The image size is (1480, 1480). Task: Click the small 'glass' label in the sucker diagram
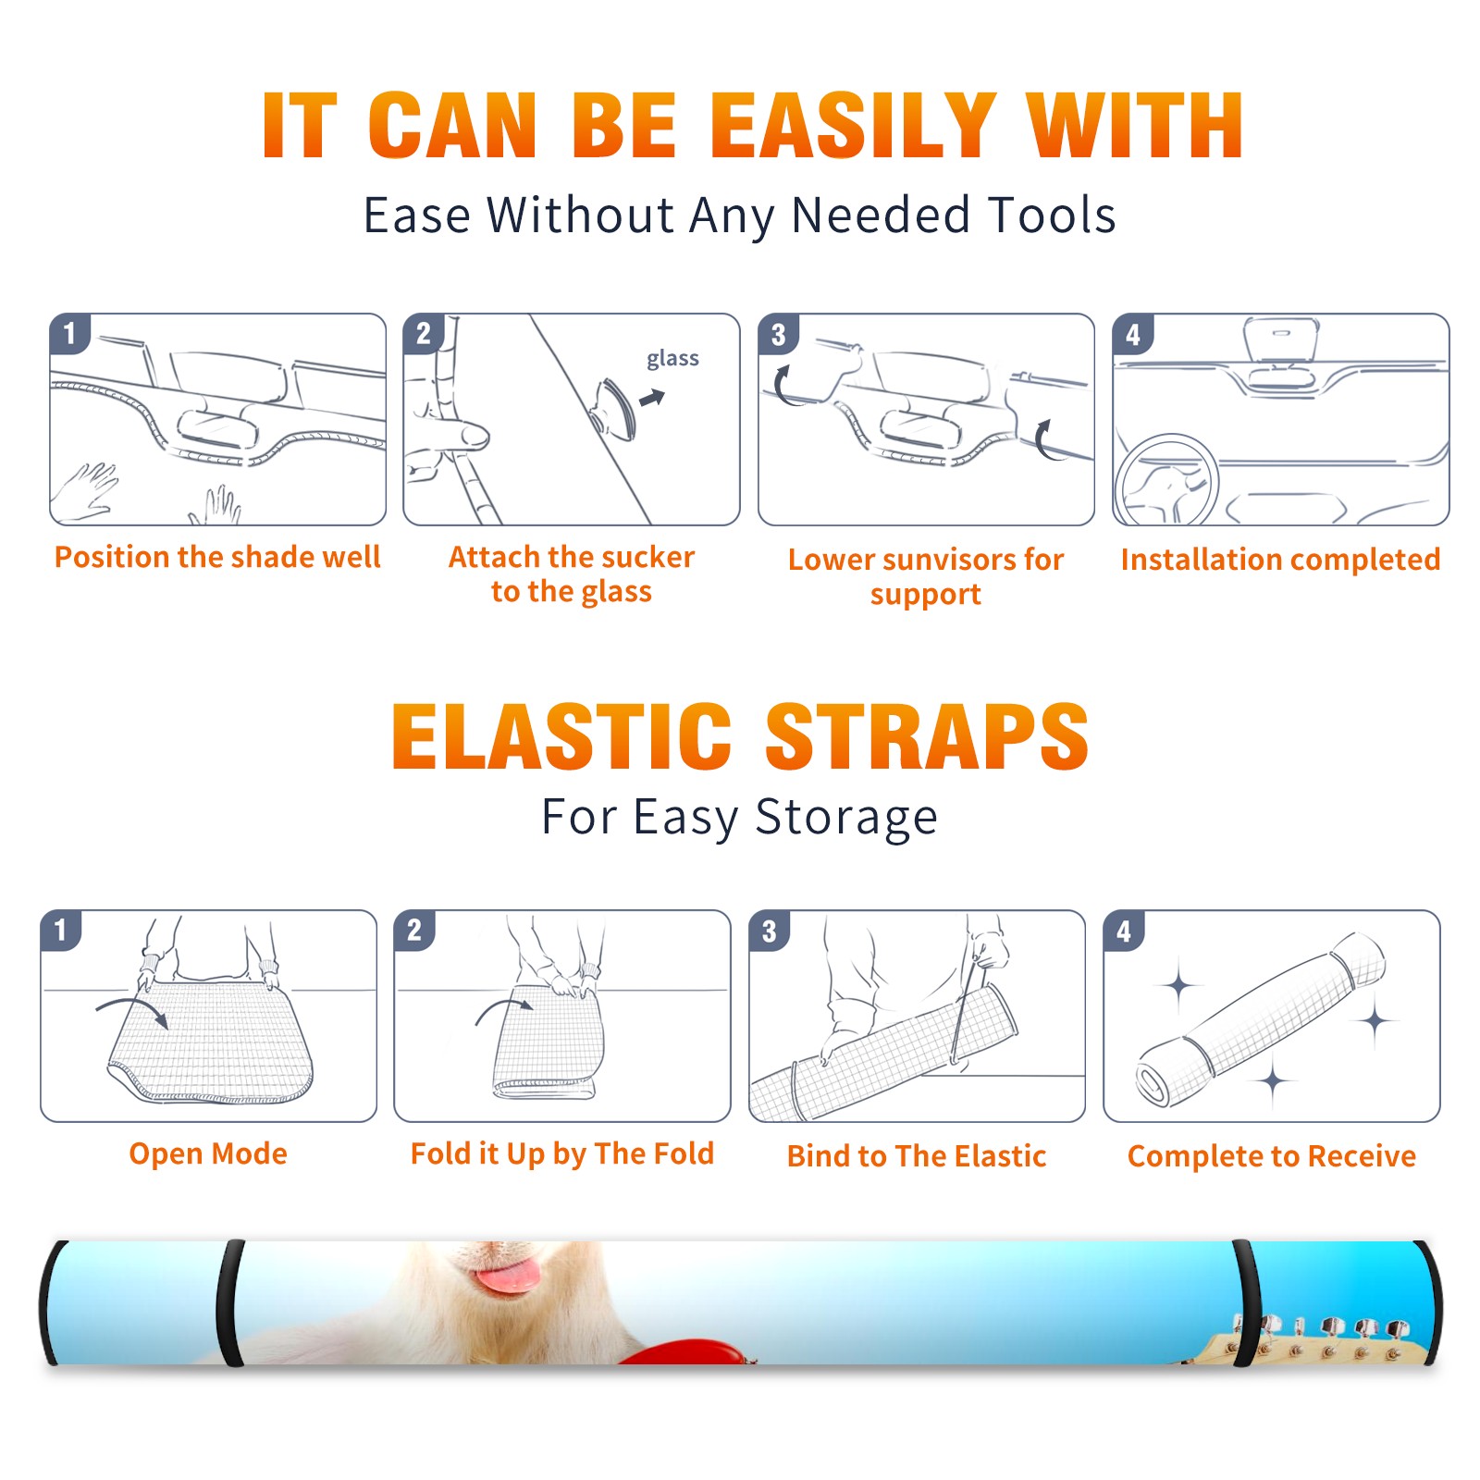[x=672, y=359]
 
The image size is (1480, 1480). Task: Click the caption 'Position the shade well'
[x=217, y=557]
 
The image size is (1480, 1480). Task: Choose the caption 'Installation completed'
[x=1280, y=559]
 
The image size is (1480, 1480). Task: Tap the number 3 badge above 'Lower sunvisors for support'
[x=778, y=334]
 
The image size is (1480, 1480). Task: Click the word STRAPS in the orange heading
[x=927, y=736]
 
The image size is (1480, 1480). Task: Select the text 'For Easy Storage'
[x=740, y=817]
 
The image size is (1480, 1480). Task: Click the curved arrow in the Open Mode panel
[x=132, y=1011]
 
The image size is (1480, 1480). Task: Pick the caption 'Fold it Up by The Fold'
[x=562, y=1153]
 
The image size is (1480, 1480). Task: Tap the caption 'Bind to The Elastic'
[x=917, y=1156]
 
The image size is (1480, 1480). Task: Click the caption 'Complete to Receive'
[x=1272, y=1156]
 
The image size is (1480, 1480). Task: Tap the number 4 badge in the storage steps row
[x=1124, y=931]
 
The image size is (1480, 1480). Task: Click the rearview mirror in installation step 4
[x=1280, y=342]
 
